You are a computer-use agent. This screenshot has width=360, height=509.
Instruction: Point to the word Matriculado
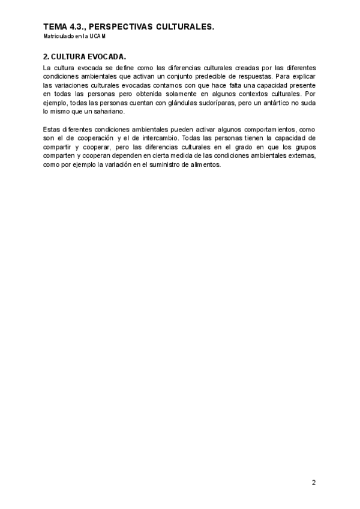point(58,36)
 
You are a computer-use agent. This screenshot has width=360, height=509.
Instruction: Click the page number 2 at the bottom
point(314,482)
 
